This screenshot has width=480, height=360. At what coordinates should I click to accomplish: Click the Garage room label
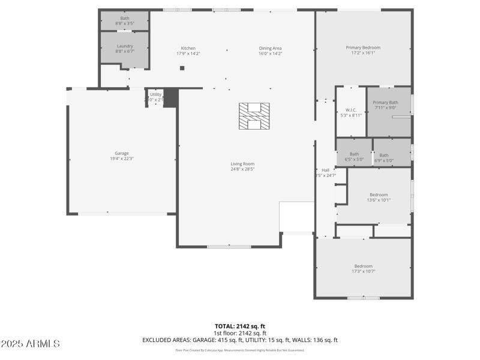click(x=122, y=153)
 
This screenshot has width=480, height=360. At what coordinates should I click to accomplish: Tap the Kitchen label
click(x=188, y=48)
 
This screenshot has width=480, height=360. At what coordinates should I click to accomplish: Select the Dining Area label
click(x=270, y=48)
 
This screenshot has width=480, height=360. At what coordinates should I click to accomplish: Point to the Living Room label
click(x=243, y=164)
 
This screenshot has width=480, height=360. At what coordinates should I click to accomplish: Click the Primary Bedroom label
click(x=363, y=47)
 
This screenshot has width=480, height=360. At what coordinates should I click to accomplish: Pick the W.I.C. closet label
click(x=351, y=110)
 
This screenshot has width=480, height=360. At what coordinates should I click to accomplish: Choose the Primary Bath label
click(x=385, y=103)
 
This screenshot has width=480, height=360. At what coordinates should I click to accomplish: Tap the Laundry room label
click(x=125, y=46)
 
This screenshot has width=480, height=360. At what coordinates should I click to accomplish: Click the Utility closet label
click(x=155, y=94)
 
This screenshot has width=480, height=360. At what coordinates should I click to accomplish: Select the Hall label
click(x=326, y=170)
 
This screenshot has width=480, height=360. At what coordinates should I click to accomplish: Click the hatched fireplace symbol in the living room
click(x=254, y=116)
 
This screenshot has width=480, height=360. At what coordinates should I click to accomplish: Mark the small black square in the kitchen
click(x=182, y=68)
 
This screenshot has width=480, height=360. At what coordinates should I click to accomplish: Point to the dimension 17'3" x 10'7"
click(x=363, y=271)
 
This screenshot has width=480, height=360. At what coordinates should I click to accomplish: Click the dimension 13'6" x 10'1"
click(x=379, y=200)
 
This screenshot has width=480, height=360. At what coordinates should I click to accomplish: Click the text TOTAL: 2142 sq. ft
click(x=240, y=326)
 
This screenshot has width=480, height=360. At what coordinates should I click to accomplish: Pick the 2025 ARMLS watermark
click(x=30, y=344)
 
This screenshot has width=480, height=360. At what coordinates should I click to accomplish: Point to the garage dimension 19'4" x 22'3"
click(x=122, y=158)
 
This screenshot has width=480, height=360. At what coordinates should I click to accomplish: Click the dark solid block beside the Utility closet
click(x=171, y=98)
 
